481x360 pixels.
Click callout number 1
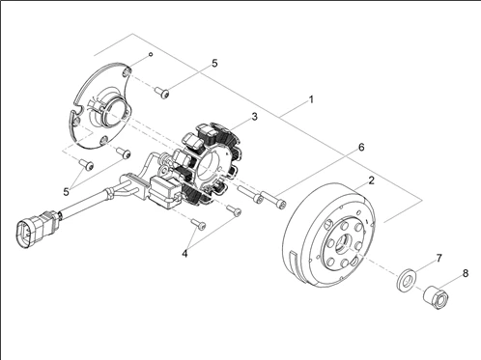(x=311, y=99)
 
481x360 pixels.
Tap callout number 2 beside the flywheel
(x=371, y=180)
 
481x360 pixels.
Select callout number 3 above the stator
(x=254, y=117)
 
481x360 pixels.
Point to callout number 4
(x=184, y=254)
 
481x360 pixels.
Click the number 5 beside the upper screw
(x=214, y=64)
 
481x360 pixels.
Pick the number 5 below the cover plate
(x=66, y=192)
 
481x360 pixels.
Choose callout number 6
(x=361, y=148)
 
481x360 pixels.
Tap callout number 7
(x=439, y=258)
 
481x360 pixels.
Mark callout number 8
(x=466, y=273)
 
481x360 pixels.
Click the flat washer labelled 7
(x=406, y=280)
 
